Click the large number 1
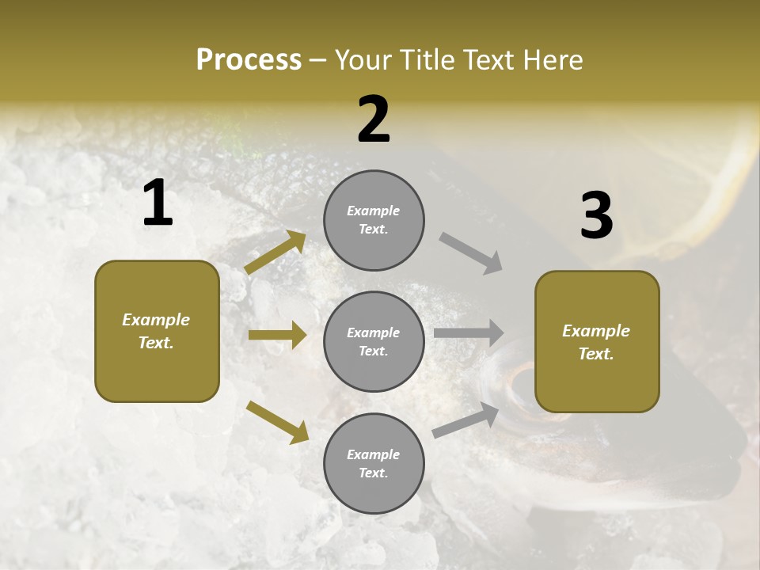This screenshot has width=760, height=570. coord(158,203)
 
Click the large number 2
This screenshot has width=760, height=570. coord(374,119)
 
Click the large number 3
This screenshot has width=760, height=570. coord(596,215)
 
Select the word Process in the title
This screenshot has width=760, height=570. coord(249,59)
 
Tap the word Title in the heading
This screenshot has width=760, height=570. coord(429,59)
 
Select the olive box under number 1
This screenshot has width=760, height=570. coord(157,331)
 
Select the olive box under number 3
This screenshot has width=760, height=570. coord(597,342)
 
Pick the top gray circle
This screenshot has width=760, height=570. coord(374,220)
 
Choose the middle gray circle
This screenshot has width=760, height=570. coord(374,341)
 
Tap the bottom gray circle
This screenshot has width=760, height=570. coord(374,463)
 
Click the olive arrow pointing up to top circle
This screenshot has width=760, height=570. coord(275,253)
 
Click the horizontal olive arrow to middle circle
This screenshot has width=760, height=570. coord(277,335)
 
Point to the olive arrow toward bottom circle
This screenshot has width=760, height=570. coord(277,422)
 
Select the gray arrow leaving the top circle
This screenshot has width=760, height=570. coord(471,253)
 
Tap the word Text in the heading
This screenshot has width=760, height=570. coord(490,59)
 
